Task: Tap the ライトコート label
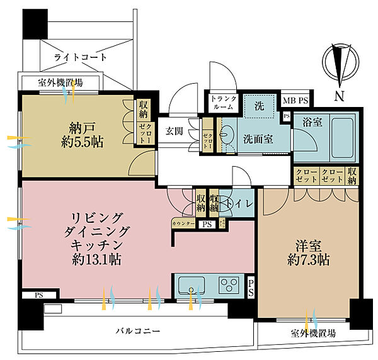81,57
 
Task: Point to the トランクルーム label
222,103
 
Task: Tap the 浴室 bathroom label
312,122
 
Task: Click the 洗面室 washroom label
259,138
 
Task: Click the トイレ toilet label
242,203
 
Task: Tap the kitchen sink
192,286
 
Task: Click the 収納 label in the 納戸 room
144,110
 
